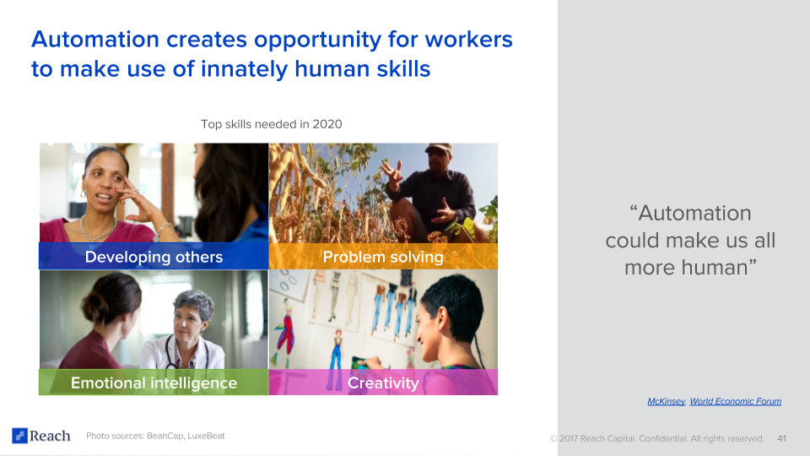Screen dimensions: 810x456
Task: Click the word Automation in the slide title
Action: tap(95, 40)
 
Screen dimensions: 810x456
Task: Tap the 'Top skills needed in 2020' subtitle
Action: tap(271, 124)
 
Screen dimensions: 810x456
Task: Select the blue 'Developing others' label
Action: tap(154, 257)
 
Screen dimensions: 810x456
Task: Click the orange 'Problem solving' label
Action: tap(383, 257)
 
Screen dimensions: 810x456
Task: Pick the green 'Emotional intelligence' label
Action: tap(154, 383)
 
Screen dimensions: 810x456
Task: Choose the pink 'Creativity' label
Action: tap(383, 383)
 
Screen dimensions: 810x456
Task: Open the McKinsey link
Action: tap(667, 401)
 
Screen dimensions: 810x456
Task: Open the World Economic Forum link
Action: tap(736, 401)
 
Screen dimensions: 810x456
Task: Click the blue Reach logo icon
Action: tap(19, 436)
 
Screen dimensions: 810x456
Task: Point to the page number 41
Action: tap(781, 438)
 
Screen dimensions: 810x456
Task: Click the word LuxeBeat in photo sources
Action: tap(206, 436)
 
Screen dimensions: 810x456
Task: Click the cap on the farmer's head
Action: tap(438, 149)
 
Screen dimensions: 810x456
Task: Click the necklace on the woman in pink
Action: tap(98, 229)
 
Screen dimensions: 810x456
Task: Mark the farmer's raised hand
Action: tap(392, 173)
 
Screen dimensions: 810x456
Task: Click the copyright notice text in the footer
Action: tap(657, 438)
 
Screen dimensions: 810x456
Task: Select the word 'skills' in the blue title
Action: tap(403, 69)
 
